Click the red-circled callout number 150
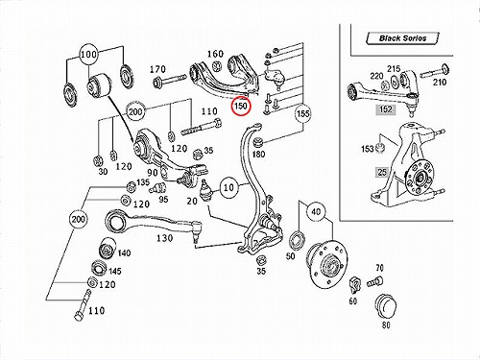tap(241, 106)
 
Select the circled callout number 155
tap(302, 113)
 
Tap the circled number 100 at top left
tap(88, 55)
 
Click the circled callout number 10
tap(228, 187)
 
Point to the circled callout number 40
tap(316, 211)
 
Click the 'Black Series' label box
tap(402, 38)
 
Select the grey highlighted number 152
tap(386, 109)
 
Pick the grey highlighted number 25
tap(382, 172)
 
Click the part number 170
tap(157, 69)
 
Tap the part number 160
tap(215, 54)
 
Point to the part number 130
tap(165, 238)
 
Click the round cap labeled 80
tap(385, 306)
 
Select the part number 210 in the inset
tap(440, 83)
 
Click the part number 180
tap(258, 155)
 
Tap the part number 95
tap(163, 199)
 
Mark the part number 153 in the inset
tap(368, 149)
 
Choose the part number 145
tap(115, 272)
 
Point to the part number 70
tap(380, 268)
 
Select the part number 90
tap(153, 173)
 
